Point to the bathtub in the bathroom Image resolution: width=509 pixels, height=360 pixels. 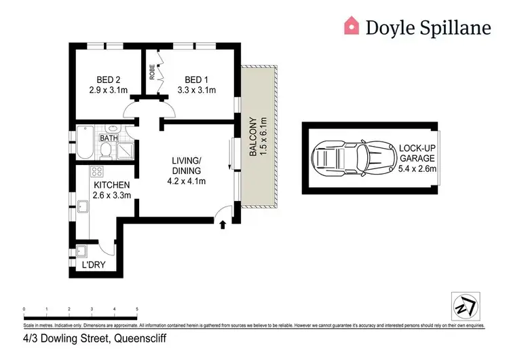[83, 143]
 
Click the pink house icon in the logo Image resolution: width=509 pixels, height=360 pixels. [352, 26]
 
